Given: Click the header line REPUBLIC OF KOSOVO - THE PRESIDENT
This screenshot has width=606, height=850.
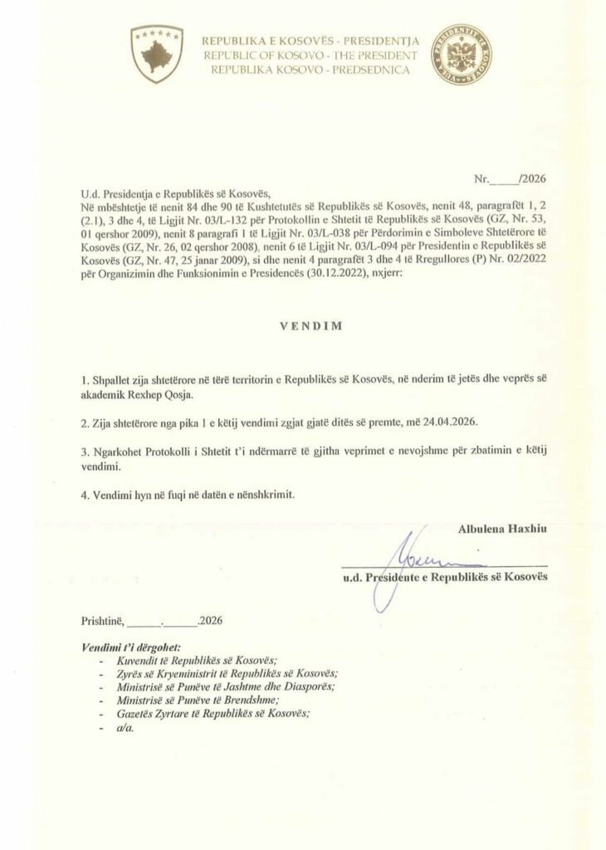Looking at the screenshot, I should tap(315, 54).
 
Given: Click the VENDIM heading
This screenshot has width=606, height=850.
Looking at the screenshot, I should tap(303, 328).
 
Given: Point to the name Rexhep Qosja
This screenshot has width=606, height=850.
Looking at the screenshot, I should tap(170, 395).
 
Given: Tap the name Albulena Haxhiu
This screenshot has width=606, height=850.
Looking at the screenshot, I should tap(503, 528).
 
